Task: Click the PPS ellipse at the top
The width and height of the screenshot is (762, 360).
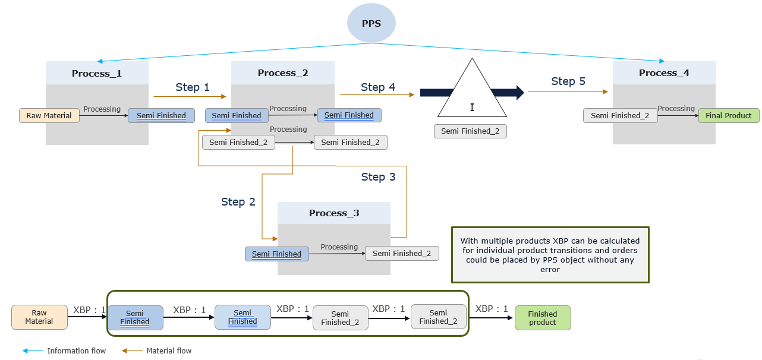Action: coord(371,23)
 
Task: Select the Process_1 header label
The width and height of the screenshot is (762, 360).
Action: coord(97,73)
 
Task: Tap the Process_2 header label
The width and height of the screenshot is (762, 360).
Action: coord(283,72)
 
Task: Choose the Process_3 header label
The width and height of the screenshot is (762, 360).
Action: coord(334,213)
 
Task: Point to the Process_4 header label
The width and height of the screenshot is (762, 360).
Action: coord(664,72)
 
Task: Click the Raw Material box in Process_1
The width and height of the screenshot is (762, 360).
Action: coord(49,115)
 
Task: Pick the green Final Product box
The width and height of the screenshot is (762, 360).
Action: coord(729,115)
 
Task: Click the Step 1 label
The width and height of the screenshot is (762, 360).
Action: coord(193,87)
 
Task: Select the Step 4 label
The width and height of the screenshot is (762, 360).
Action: coord(378,87)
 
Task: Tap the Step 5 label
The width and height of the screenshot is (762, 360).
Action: coord(568,81)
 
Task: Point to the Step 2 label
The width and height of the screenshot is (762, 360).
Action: coord(238,201)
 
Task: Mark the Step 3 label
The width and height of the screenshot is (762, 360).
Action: coord(378,176)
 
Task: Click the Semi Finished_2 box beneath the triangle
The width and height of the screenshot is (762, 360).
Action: coord(470,131)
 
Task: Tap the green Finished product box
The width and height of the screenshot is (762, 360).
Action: coord(542,318)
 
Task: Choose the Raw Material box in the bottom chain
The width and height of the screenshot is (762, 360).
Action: coord(39,317)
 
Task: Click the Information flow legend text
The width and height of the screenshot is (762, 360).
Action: coord(76,350)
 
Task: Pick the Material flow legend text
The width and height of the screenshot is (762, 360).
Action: coord(169,350)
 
